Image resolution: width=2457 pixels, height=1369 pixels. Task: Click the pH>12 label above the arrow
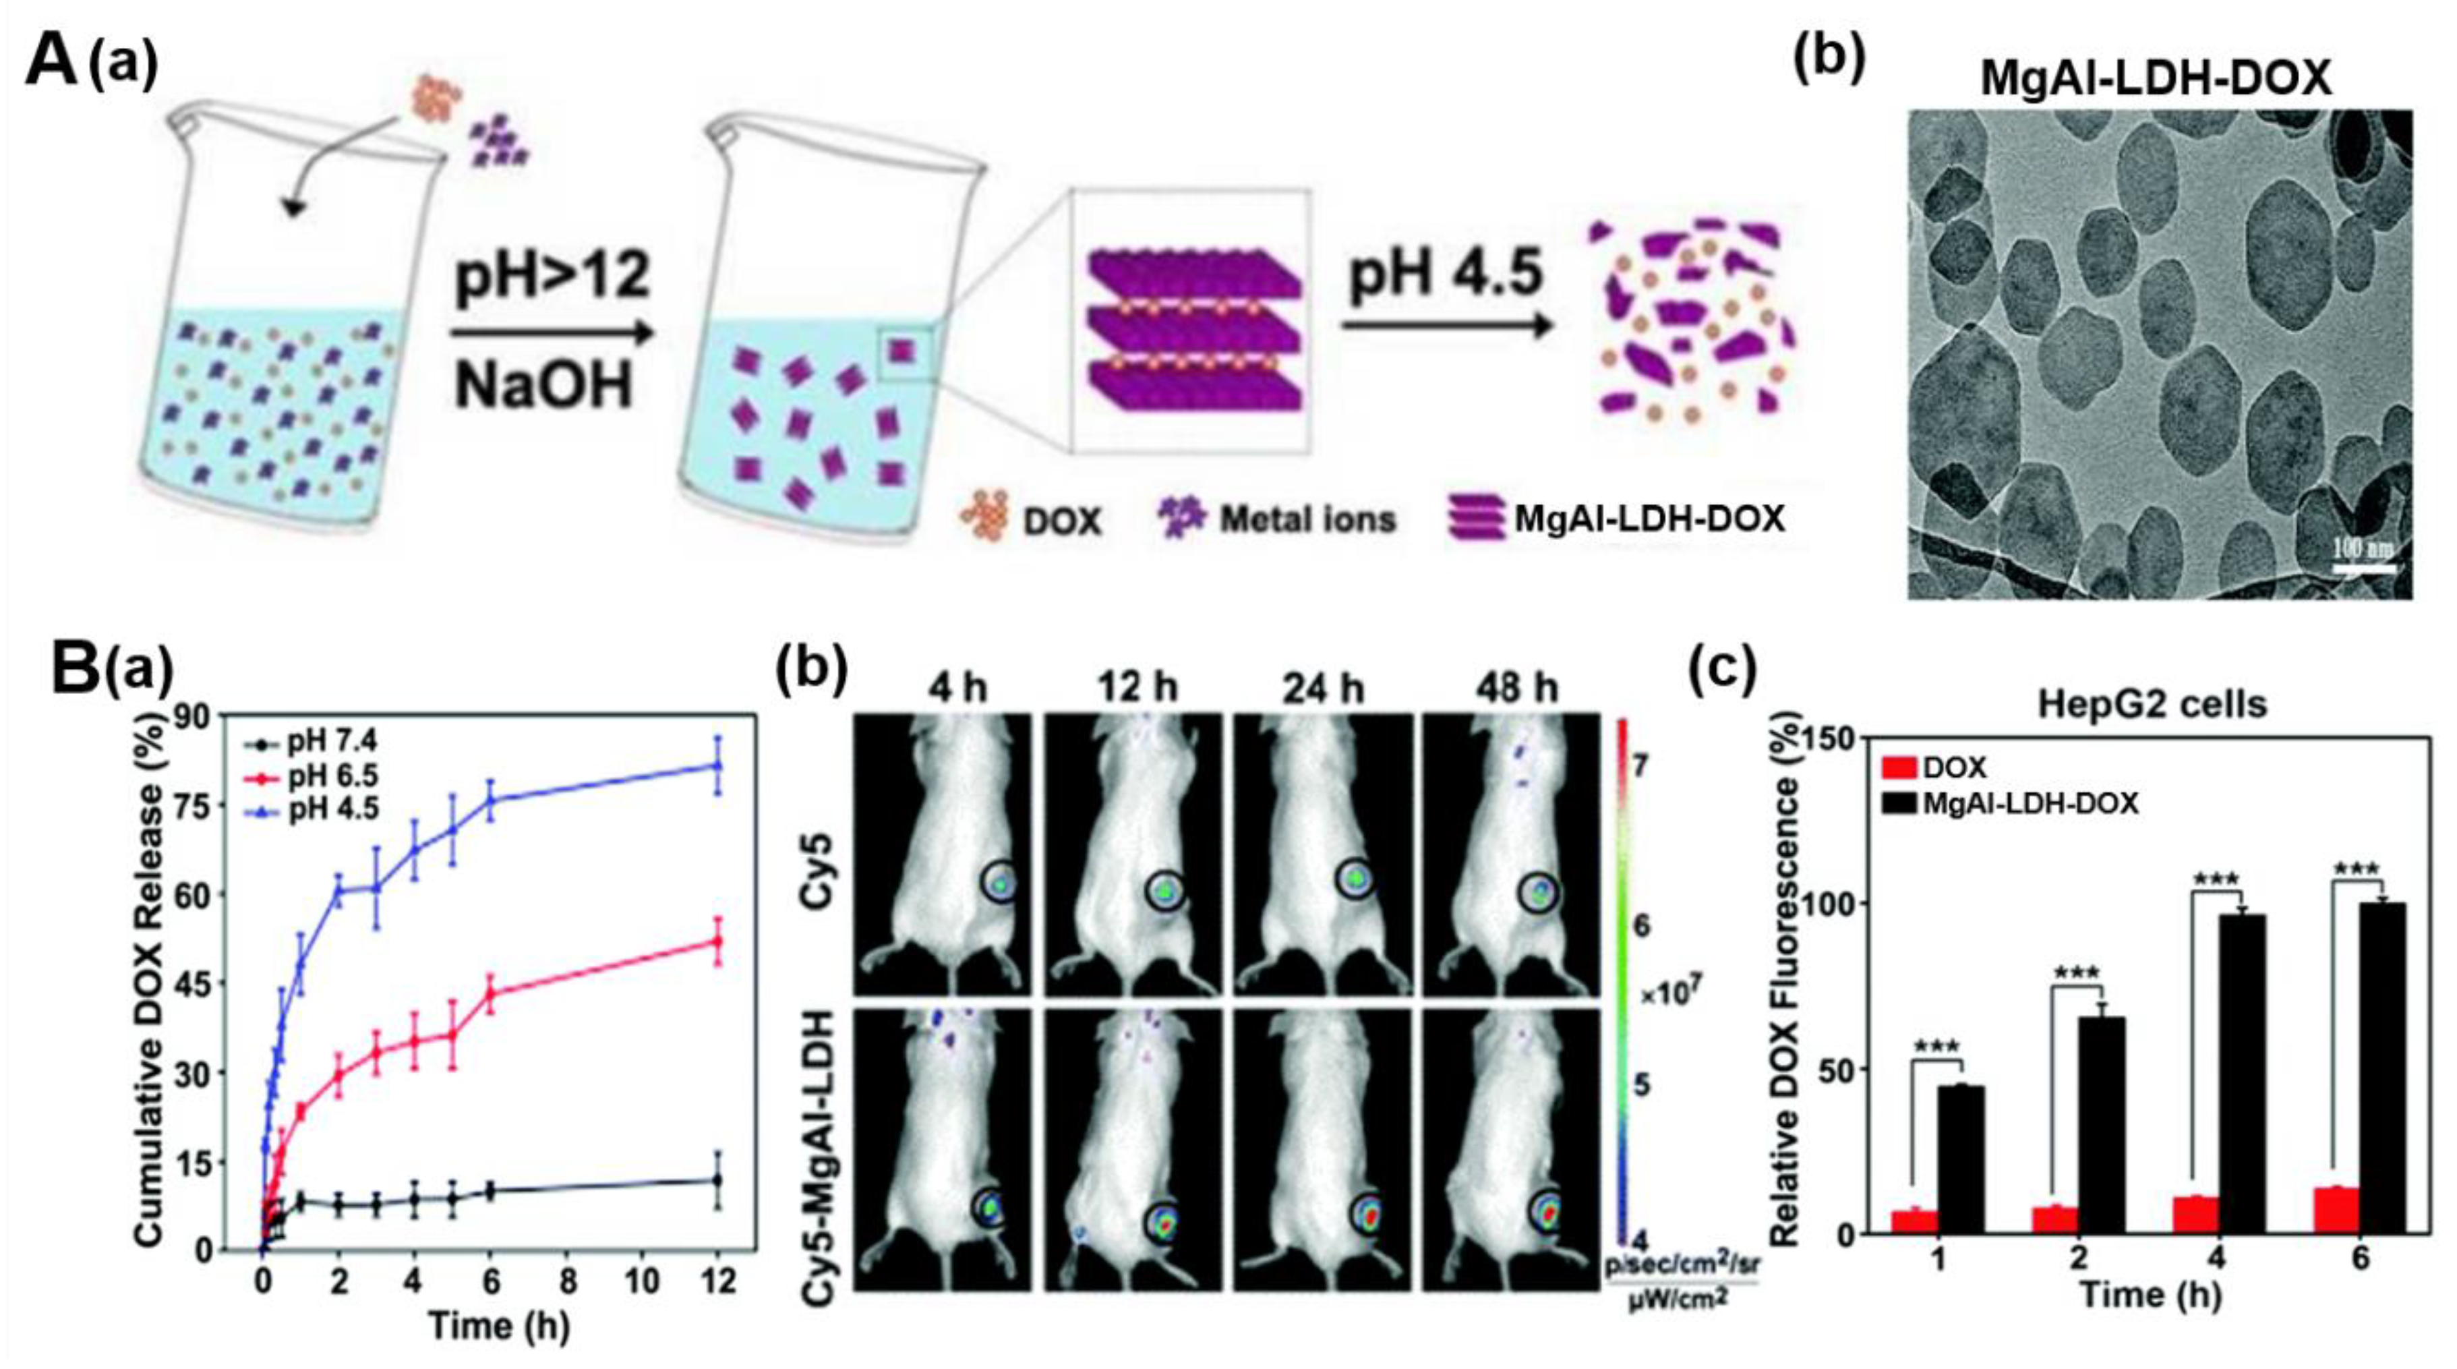click(553, 279)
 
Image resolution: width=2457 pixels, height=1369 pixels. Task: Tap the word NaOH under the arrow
click(543, 386)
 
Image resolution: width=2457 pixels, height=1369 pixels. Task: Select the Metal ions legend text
click(1307, 519)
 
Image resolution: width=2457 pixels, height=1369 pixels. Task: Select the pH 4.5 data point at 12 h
click(717, 765)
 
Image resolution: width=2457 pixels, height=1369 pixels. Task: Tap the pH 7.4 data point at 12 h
click(717, 1180)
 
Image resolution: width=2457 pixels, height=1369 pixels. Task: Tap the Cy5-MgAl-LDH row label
click(821, 1145)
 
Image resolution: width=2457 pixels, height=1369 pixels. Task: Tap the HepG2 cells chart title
click(2152, 704)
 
